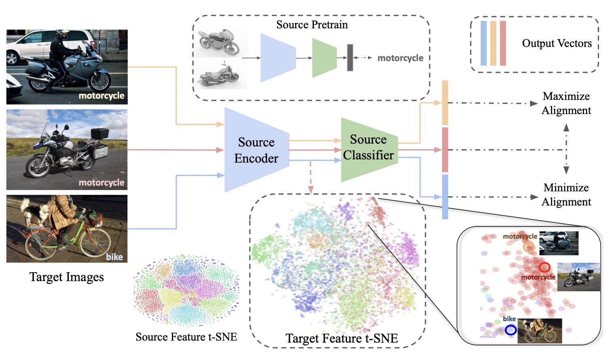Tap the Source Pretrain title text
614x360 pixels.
[x=312, y=25]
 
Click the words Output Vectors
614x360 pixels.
[x=557, y=43]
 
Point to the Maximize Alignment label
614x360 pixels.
[x=566, y=103]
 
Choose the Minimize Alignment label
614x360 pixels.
[x=566, y=195]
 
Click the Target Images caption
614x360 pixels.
[x=67, y=277]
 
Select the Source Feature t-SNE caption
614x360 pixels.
[x=186, y=337]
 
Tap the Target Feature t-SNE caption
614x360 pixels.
[x=341, y=338]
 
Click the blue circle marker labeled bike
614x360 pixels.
[x=511, y=330]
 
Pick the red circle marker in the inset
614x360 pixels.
[x=544, y=267]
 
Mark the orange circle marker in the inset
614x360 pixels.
[x=529, y=246]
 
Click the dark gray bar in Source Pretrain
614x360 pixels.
[x=350, y=58]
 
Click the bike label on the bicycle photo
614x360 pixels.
[x=114, y=257]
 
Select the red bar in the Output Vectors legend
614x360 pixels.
[x=503, y=43]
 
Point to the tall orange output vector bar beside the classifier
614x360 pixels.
[x=445, y=103]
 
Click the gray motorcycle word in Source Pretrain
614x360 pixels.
[x=400, y=58]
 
